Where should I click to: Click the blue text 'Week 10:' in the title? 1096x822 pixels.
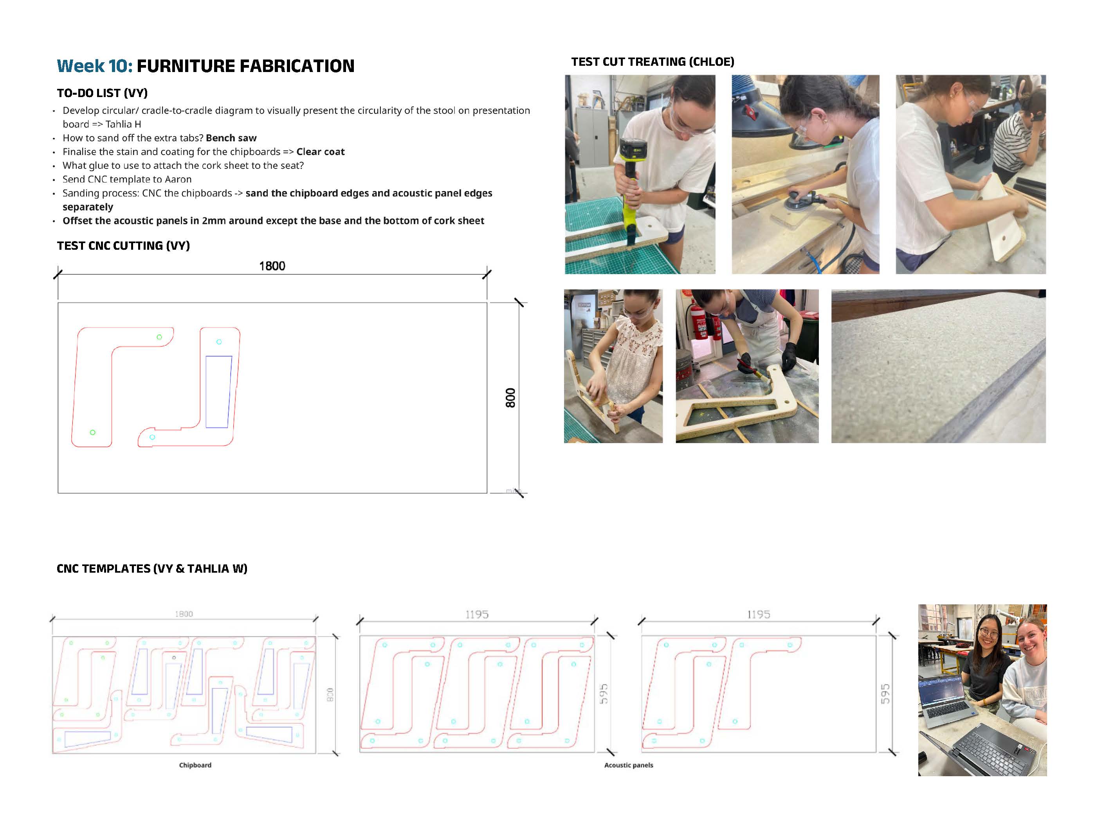[94, 66]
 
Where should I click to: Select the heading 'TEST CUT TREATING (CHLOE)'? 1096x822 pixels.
[652, 62]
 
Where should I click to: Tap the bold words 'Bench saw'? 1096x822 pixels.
[231, 138]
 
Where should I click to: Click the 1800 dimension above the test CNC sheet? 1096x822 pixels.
[272, 266]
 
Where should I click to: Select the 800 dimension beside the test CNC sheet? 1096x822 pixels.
[510, 398]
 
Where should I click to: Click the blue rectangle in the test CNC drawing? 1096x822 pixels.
[218, 391]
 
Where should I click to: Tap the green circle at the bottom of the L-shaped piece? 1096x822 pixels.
[93, 433]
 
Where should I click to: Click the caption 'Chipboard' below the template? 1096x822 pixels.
[195, 765]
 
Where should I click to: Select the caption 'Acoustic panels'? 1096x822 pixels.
[628, 765]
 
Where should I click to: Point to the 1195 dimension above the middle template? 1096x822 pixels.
[477, 615]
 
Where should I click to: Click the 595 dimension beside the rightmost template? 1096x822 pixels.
[885, 694]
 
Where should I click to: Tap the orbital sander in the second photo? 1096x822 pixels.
[798, 199]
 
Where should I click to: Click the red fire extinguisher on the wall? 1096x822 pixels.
[700, 322]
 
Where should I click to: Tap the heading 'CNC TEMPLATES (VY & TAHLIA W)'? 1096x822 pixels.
[151, 568]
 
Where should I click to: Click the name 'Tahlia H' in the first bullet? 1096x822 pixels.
[123, 124]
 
